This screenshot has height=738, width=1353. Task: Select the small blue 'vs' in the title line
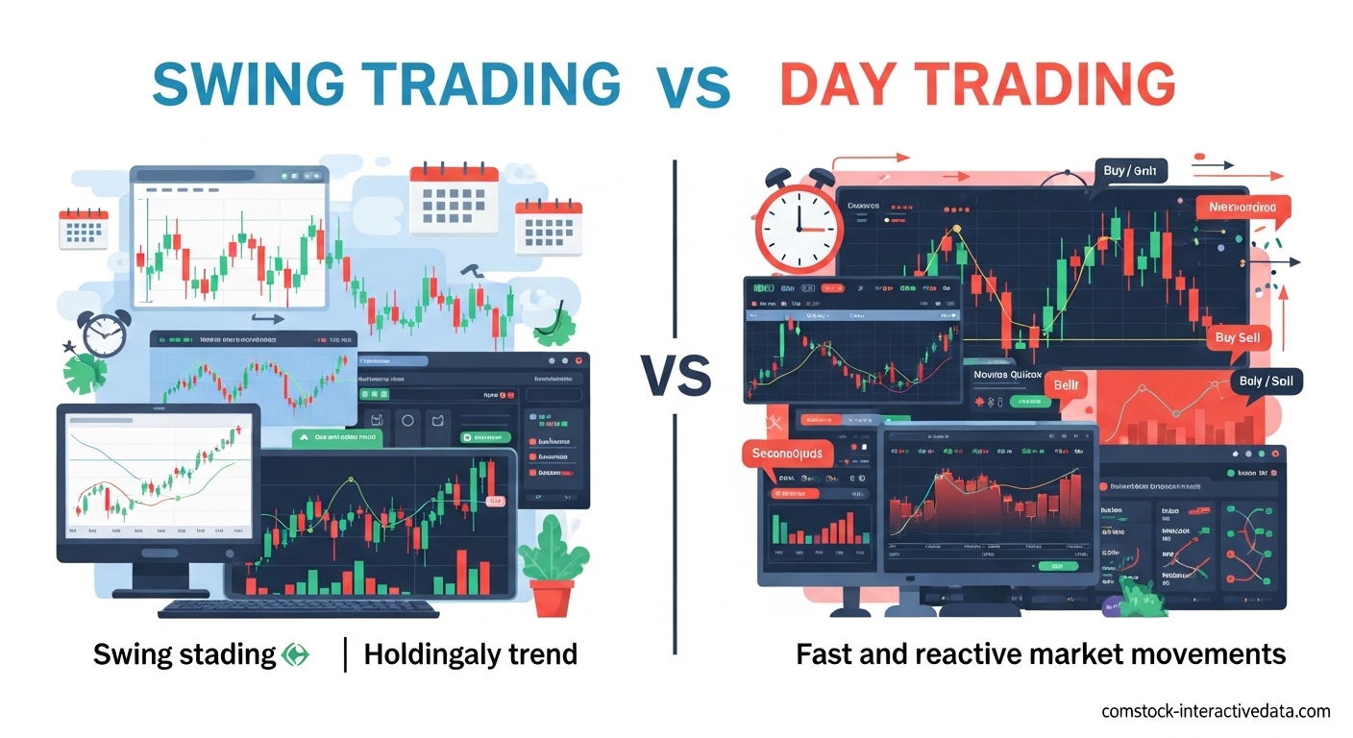point(693,87)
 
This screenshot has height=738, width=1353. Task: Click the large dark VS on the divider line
point(676,375)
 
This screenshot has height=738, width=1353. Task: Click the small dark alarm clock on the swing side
point(104,333)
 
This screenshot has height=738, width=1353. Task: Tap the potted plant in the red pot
point(552,567)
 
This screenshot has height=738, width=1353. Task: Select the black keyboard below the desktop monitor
point(298,609)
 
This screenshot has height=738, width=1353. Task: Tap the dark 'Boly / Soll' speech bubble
point(1265,382)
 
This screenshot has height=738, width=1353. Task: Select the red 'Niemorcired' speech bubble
point(1242,207)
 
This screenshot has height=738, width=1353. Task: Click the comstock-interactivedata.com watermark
point(1215,711)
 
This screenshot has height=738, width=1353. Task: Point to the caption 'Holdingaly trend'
point(470,654)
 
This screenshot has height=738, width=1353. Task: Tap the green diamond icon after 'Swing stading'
point(296,655)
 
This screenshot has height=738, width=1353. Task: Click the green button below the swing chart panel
point(336,437)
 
